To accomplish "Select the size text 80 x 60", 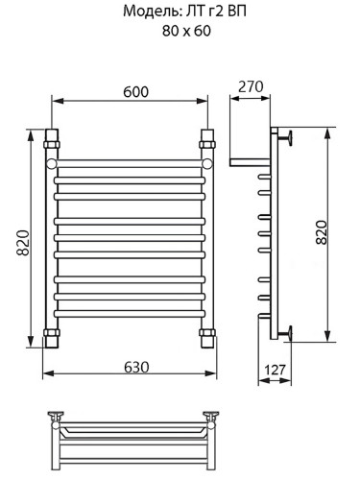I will point(180,31).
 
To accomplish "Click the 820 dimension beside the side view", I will point(322,234).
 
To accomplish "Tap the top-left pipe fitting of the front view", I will point(52,144).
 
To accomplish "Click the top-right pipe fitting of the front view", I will point(205,144).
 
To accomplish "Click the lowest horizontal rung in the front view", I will point(129,314).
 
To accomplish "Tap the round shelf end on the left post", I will point(53,165).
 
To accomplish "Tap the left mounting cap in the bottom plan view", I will point(58,417).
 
